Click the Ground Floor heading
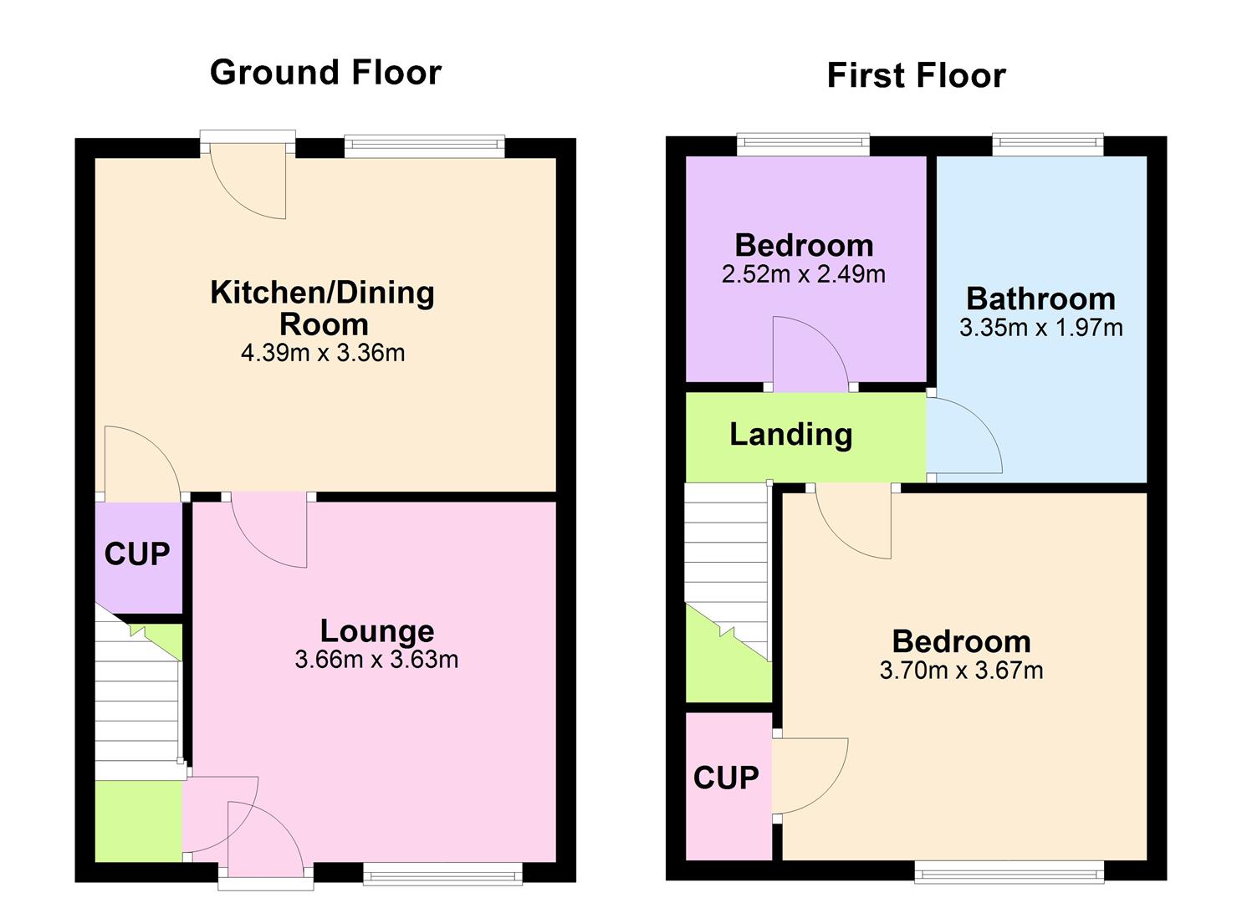coord(325,73)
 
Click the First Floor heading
coord(916,76)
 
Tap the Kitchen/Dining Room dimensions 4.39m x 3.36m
coord(323,353)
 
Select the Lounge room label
coord(377,630)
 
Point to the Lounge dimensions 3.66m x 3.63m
coord(376,660)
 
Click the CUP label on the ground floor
coord(137,554)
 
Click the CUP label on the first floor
coord(726,778)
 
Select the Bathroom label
coord(1040,298)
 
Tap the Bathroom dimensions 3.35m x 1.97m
coord(1040,328)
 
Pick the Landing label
coord(790,434)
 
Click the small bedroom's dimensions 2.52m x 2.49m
coord(803,274)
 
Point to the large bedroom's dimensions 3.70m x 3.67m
coord(961,671)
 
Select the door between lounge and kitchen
coord(268,531)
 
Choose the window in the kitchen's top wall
coord(425,146)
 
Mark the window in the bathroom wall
coord(1048,145)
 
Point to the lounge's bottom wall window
coord(442,875)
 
